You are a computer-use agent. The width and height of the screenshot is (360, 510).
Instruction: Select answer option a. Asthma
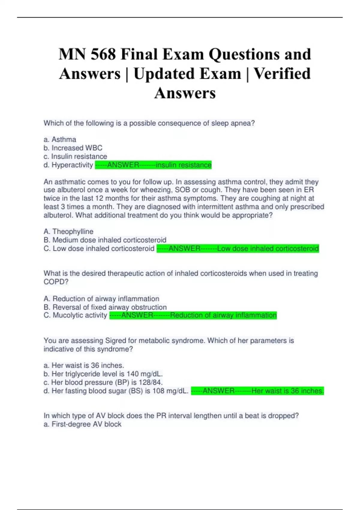[60, 139]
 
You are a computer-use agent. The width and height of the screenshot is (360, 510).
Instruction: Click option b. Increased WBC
[73, 148]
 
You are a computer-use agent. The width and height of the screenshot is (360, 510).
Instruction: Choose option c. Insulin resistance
[75, 156]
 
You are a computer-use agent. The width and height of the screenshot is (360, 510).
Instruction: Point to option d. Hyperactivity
[68, 165]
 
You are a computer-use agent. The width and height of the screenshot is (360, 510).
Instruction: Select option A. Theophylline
[68, 232]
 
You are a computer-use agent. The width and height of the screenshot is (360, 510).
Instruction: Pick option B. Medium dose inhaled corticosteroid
[105, 240]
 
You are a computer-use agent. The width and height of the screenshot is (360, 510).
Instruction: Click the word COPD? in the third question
[56, 282]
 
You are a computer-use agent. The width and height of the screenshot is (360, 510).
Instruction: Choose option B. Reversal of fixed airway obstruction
[105, 307]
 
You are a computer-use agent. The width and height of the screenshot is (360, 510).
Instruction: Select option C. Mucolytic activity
[75, 315]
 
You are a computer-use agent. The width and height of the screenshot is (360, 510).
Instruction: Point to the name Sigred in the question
[115, 340]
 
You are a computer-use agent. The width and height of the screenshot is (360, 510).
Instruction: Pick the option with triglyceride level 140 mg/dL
[103, 374]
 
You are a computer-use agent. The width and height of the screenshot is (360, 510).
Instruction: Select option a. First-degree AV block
[82, 424]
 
